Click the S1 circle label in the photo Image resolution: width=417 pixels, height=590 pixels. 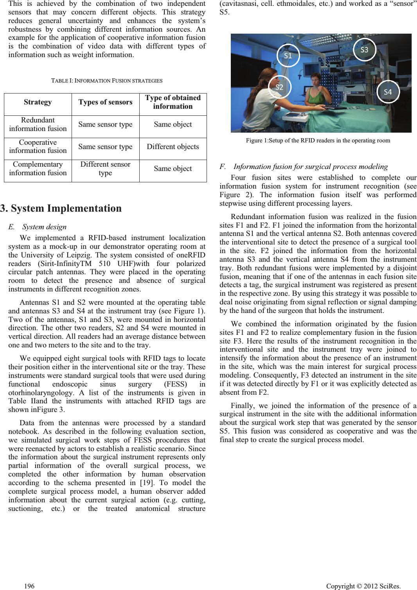[288, 56]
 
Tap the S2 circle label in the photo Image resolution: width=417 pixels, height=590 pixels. [279, 87]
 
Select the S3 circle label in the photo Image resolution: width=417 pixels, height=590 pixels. [364, 50]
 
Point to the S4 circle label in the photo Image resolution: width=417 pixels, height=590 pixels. [388, 92]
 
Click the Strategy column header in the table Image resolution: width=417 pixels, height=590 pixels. [38, 102]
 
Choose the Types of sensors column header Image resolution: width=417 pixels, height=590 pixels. [105, 102]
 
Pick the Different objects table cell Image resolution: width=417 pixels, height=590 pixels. [173, 147]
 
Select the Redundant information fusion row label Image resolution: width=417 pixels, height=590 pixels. [38, 124]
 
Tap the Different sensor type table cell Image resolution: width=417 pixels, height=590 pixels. [105, 169]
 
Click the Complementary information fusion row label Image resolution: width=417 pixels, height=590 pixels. [38, 169]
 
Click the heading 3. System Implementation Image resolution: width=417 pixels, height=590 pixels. [61, 208]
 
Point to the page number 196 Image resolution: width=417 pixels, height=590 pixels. [29, 586]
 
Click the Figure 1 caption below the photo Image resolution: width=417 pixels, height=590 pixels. [318, 140]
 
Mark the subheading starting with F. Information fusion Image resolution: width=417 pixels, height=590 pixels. [304, 167]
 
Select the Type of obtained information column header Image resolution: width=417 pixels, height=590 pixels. [173, 102]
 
